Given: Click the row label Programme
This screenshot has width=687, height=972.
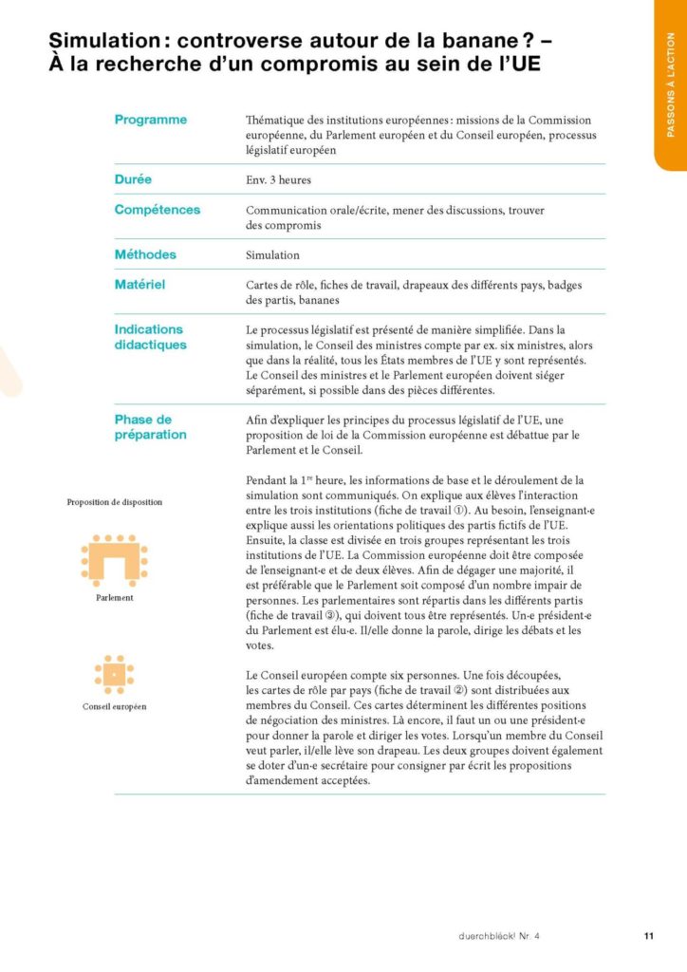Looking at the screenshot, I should tap(151, 120).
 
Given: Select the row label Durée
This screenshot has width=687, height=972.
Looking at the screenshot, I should tap(134, 178).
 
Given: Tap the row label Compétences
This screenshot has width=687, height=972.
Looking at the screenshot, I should tap(158, 209).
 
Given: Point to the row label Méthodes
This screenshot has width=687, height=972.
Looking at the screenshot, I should tap(145, 254).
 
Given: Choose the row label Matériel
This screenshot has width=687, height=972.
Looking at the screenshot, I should tap(140, 283).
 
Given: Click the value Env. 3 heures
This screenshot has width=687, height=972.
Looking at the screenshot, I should tap(278, 179).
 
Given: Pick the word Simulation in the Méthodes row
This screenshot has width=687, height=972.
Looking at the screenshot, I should tap(272, 255).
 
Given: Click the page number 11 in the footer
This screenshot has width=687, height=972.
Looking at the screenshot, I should tap(649, 936).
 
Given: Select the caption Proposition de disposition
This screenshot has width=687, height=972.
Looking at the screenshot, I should tap(114, 502).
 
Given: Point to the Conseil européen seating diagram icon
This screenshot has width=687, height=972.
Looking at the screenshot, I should tap(114, 674).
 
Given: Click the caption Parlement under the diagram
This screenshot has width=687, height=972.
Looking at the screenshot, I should tap(114, 599).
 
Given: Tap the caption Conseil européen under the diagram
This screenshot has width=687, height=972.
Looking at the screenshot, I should tap(114, 707).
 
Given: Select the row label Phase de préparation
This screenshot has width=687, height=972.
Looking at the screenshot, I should tap(151, 427).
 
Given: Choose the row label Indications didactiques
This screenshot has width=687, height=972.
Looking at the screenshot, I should tap(151, 337).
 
